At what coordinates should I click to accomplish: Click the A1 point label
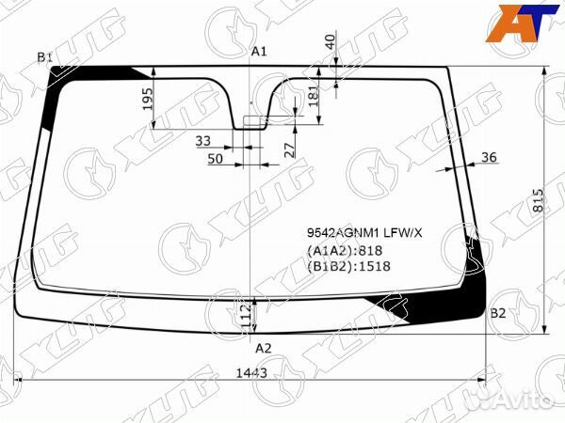coord(259,52)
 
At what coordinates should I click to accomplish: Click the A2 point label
coord(264,348)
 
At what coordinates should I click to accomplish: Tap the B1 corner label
coord(45,56)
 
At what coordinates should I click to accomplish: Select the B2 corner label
coord(498,313)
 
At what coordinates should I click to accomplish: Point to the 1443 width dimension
coord(251,373)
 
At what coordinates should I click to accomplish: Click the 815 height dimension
coord(538,200)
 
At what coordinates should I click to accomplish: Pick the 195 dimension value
coord(148,100)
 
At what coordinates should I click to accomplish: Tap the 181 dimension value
coord(314,96)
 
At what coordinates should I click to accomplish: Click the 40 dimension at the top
coord(330,41)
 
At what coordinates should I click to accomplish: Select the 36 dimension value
coord(489,157)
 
